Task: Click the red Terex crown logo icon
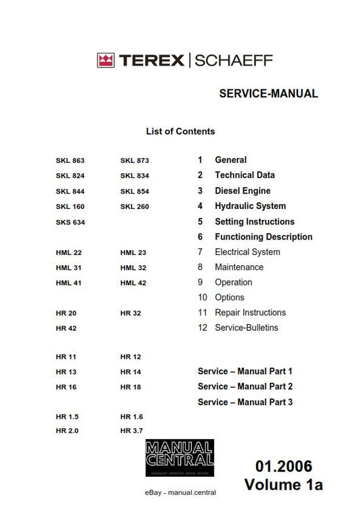coord(105,61)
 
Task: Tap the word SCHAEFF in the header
coord(234,61)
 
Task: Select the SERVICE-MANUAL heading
coord(268,94)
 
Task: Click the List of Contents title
coord(180,131)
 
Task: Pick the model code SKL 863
coord(70,160)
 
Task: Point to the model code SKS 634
coord(70,222)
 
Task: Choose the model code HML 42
coord(133,283)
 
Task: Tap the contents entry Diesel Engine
coord(242,191)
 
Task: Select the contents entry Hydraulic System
coord(250,206)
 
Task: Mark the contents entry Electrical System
coord(247,252)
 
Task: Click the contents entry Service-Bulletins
coord(246,327)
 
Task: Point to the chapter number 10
coord(203,297)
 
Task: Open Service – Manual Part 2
coord(245,386)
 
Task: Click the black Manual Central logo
coord(179,458)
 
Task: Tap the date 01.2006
coord(284,466)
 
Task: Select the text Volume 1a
coord(284,484)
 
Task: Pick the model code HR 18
coord(131,387)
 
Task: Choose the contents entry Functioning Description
coord(263,237)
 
